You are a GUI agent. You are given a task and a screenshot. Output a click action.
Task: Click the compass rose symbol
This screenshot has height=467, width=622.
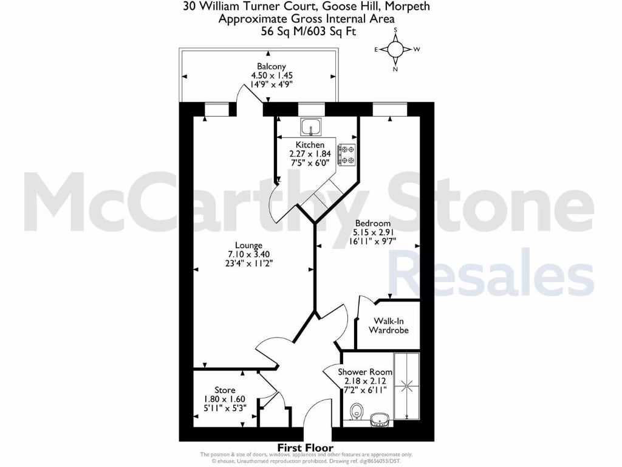point(395,49)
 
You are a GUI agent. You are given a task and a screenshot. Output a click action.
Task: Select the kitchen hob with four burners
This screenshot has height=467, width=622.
point(347,154)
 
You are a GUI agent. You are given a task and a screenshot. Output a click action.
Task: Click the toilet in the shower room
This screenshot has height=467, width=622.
point(357,411)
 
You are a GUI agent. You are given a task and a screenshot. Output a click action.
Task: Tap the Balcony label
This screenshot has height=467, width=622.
point(272,66)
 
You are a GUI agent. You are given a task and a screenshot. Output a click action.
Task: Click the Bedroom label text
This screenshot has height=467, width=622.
point(372,223)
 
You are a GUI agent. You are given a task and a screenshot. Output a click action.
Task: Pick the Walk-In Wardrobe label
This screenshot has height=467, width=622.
point(389,325)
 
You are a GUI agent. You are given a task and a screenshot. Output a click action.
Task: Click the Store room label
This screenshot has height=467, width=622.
point(225,390)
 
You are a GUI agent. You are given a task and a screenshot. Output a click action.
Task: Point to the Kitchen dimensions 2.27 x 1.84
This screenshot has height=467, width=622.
point(310,154)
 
